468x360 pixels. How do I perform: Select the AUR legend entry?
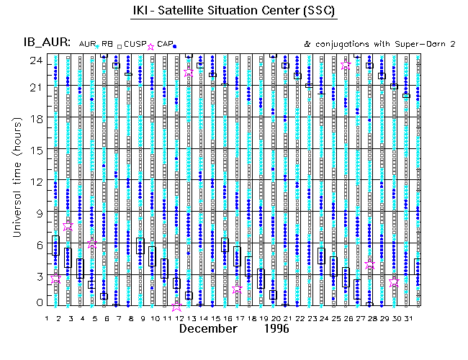click(x=89, y=44)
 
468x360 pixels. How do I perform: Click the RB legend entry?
click(x=108, y=44)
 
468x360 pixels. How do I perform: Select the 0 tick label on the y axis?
click(x=40, y=303)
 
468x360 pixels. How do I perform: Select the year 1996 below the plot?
click(x=276, y=329)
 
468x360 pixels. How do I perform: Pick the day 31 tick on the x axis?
click(x=408, y=318)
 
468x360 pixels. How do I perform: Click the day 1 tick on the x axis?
click(x=47, y=318)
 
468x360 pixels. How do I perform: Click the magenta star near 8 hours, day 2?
click(x=68, y=225)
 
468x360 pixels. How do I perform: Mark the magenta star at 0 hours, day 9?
click(x=177, y=306)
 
